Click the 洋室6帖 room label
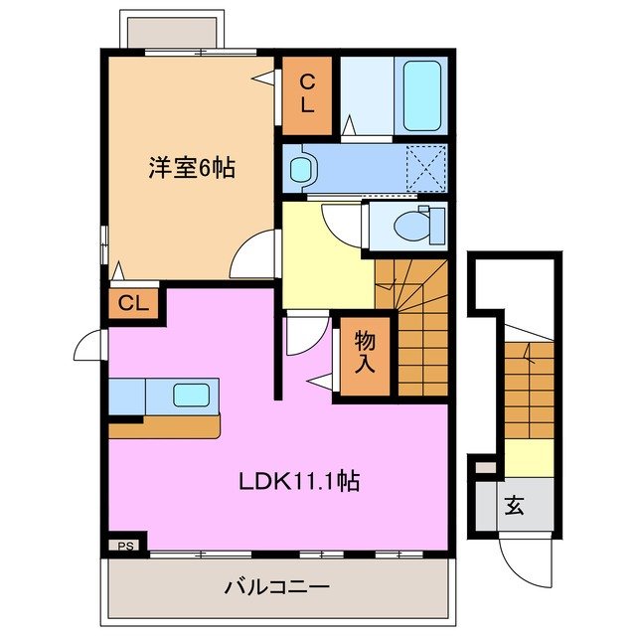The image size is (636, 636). click(193, 168)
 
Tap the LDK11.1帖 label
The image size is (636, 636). click(297, 482)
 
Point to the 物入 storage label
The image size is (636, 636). click(365, 352)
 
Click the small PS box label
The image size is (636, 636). click(124, 546)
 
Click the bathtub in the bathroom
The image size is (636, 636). click(422, 94)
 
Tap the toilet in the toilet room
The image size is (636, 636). click(410, 226)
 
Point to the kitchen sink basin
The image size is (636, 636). click(190, 394)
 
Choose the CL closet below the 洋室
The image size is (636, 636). click(134, 303)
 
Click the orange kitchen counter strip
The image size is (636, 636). click(164, 426)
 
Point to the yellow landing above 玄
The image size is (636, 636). click(527, 457)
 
